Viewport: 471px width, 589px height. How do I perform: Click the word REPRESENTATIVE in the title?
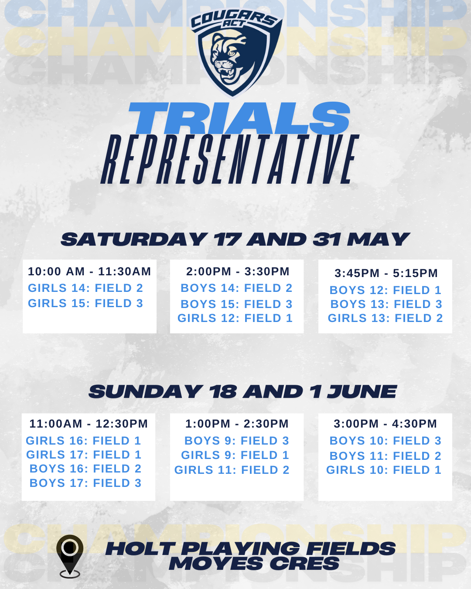[x=230, y=159]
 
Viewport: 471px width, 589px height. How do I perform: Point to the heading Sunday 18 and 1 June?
[x=243, y=391]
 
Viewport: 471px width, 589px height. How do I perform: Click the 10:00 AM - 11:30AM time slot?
[x=89, y=271]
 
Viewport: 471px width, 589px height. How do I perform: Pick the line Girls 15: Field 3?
[x=85, y=303]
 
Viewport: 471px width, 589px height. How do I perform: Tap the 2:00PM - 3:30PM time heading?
[x=238, y=271]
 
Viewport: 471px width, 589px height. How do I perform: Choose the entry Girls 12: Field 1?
[x=235, y=318]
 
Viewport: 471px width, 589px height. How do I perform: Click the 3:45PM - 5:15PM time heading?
[x=386, y=273]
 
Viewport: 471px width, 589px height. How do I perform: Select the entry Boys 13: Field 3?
[x=386, y=304]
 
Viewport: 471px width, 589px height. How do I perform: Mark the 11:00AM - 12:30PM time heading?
[x=89, y=424]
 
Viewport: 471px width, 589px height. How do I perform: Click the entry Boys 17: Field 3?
[x=85, y=483]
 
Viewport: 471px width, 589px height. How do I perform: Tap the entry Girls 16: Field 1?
[x=83, y=441]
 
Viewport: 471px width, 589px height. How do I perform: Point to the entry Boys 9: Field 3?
[x=237, y=441]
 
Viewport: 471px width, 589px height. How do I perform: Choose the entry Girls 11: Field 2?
[x=232, y=470]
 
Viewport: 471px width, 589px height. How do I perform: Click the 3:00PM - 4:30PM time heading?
[x=385, y=424]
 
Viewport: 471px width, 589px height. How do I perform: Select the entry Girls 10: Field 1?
[x=384, y=470]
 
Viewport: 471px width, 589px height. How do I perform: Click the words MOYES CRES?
[x=254, y=563]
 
